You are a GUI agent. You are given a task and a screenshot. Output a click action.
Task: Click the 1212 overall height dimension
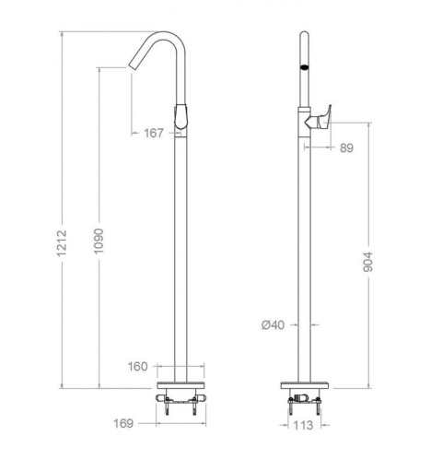[62, 242]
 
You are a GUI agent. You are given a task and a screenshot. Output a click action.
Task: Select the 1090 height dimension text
[99, 241]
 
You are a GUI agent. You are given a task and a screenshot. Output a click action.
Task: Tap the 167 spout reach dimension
[154, 134]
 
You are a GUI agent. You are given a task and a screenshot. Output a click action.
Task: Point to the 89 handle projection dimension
[346, 148]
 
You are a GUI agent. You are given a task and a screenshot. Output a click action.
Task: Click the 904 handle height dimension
[367, 262]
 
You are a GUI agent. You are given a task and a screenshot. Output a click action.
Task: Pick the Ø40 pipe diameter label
[273, 324]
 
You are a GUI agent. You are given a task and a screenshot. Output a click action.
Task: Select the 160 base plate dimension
[138, 367]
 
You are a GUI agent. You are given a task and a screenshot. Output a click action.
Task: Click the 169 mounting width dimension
[123, 423]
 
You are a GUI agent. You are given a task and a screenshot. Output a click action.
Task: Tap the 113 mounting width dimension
[303, 426]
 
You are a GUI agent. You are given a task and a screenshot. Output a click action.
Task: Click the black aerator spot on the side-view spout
[304, 68]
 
